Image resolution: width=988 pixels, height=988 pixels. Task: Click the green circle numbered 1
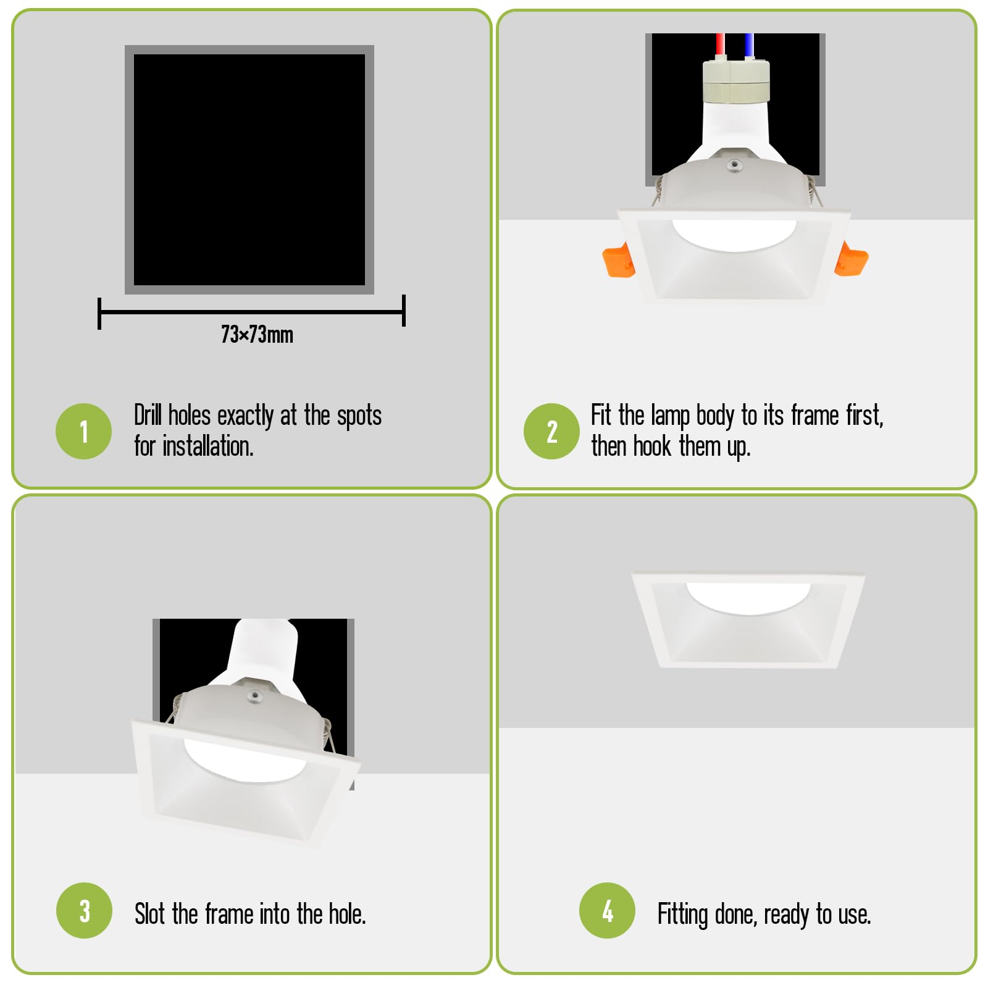pyautogui.click(x=83, y=431)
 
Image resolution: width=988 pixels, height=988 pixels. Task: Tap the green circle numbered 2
pyautogui.click(x=551, y=431)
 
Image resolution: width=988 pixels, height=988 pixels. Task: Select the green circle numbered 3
pyautogui.click(x=84, y=910)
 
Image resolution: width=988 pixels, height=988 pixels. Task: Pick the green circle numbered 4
pyautogui.click(x=607, y=910)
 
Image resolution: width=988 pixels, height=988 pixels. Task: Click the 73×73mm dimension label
pyautogui.click(x=257, y=335)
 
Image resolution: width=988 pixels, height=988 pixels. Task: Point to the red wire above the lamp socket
pyautogui.click(x=720, y=46)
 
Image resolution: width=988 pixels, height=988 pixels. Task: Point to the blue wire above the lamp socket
pyautogui.click(x=748, y=46)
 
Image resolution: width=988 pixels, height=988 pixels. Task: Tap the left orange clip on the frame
pyautogui.click(x=618, y=261)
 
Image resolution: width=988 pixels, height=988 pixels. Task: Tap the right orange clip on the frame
pyautogui.click(x=851, y=259)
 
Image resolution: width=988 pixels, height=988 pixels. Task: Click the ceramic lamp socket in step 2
pyautogui.click(x=736, y=80)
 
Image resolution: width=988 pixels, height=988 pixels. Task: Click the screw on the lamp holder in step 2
pyautogui.click(x=734, y=164)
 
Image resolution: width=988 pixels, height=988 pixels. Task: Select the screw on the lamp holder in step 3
pyautogui.click(x=254, y=696)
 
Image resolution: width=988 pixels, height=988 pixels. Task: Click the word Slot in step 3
pyautogui.click(x=150, y=914)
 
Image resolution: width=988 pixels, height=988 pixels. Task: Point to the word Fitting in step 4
pyautogui.click(x=682, y=915)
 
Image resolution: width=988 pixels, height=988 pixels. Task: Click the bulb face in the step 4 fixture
pyautogui.click(x=748, y=597)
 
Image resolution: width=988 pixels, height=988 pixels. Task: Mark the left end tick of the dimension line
pyautogui.click(x=99, y=313)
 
